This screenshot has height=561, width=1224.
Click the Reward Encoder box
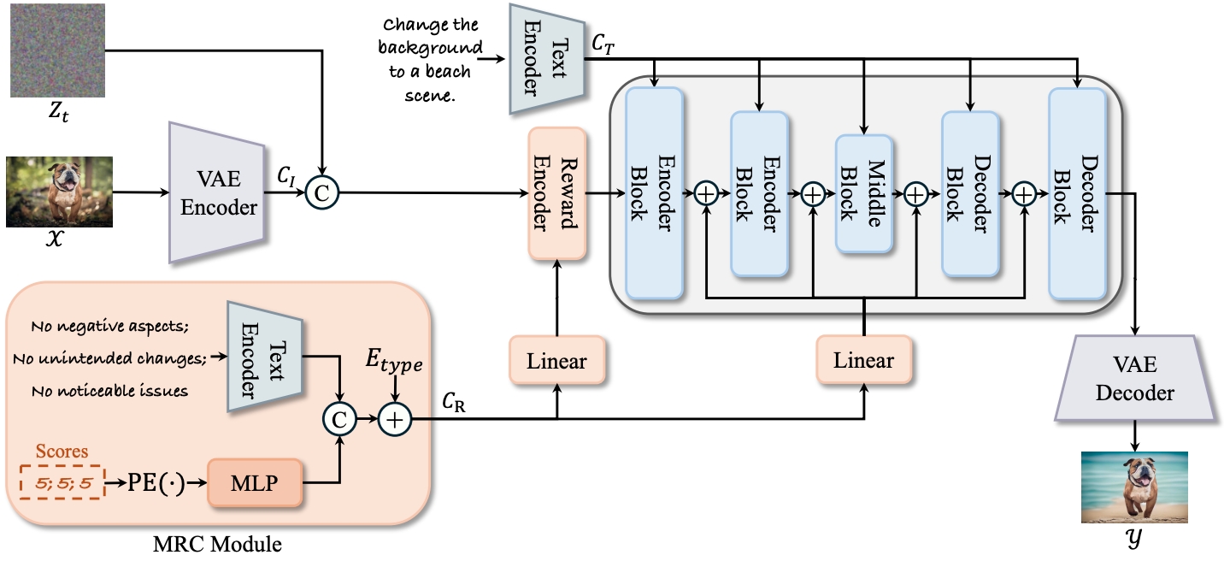(x=556, y=193)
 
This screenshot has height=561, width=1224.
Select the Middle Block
(x=864, y=193)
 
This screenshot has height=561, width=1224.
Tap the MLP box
(x=255, y=483)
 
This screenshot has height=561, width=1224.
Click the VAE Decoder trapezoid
(x=1135, y=378)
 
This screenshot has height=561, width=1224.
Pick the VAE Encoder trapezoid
(x=217, y=192)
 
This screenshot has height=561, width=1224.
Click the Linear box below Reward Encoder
(x=556, y=360)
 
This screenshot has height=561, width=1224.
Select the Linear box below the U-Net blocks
(x=864, y=360)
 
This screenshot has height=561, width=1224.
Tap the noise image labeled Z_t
(x=57, y=50)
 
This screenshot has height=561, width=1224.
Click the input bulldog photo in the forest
(x=59, y=192)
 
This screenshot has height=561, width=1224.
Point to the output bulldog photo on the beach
(x=1134, y=487)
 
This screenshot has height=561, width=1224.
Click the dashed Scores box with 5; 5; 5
(x=62, y=482)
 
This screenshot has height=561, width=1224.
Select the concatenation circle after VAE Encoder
(x=322, y=193)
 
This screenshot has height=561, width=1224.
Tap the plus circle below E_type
(x=395, y=419)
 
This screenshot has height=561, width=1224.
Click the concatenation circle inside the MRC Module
(x=339, y=419)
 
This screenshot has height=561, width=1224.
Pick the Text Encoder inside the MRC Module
(x=265, y=357)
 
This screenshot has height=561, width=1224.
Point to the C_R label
(x=454, y=403)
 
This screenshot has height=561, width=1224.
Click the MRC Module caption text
(x=217, y=544)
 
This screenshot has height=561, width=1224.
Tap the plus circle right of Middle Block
(x=916, y=194)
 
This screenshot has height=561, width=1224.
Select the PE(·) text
(x=156, y=483)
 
